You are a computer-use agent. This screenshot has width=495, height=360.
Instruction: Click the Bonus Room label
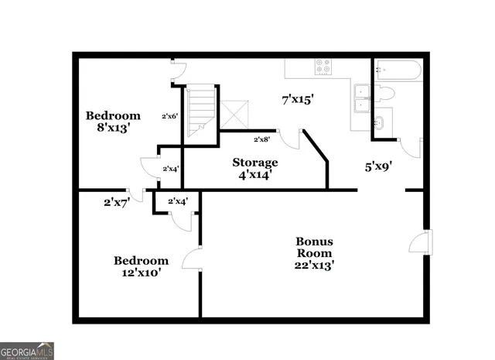[x=314, y=253]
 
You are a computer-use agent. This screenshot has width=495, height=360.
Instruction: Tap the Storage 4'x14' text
[x=255, y=168]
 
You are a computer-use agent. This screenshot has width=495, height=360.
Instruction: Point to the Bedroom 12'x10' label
[x=141, y=267]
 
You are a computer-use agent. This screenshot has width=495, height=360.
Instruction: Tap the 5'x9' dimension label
[x=380, y=165]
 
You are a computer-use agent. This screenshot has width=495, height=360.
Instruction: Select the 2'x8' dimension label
[x=262, y=140]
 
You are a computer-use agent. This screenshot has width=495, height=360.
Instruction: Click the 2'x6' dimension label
[x=170, y=116]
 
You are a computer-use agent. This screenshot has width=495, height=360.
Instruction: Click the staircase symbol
[x=200, y=112]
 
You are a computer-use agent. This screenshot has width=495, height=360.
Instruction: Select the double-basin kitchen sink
[x=362, y=94]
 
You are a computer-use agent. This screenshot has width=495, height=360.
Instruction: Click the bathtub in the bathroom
[x=398, y=72]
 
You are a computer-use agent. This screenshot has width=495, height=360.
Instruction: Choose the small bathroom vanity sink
[x=381, y=122]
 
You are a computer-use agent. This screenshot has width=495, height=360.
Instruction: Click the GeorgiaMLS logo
[x=27, y=350]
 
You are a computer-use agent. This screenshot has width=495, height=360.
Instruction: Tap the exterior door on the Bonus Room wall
[x=418, y=242]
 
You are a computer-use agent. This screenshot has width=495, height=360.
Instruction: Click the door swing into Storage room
[x=291, y=139]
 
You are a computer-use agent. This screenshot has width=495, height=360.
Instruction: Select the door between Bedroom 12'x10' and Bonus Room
[x=192, y=259]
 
